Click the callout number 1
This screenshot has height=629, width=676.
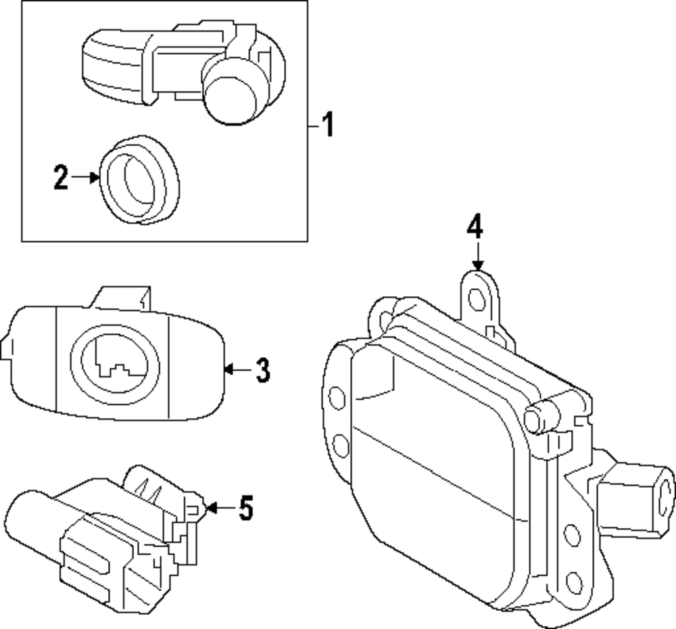point(327,125)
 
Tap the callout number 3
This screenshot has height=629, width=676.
point(262,370)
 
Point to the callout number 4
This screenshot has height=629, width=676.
point(475,227)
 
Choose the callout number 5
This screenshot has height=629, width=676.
point(245,508)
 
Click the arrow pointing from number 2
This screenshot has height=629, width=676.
point(86,177)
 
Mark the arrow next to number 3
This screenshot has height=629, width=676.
point(237,369)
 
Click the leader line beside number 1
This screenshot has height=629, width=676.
point(313,125)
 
